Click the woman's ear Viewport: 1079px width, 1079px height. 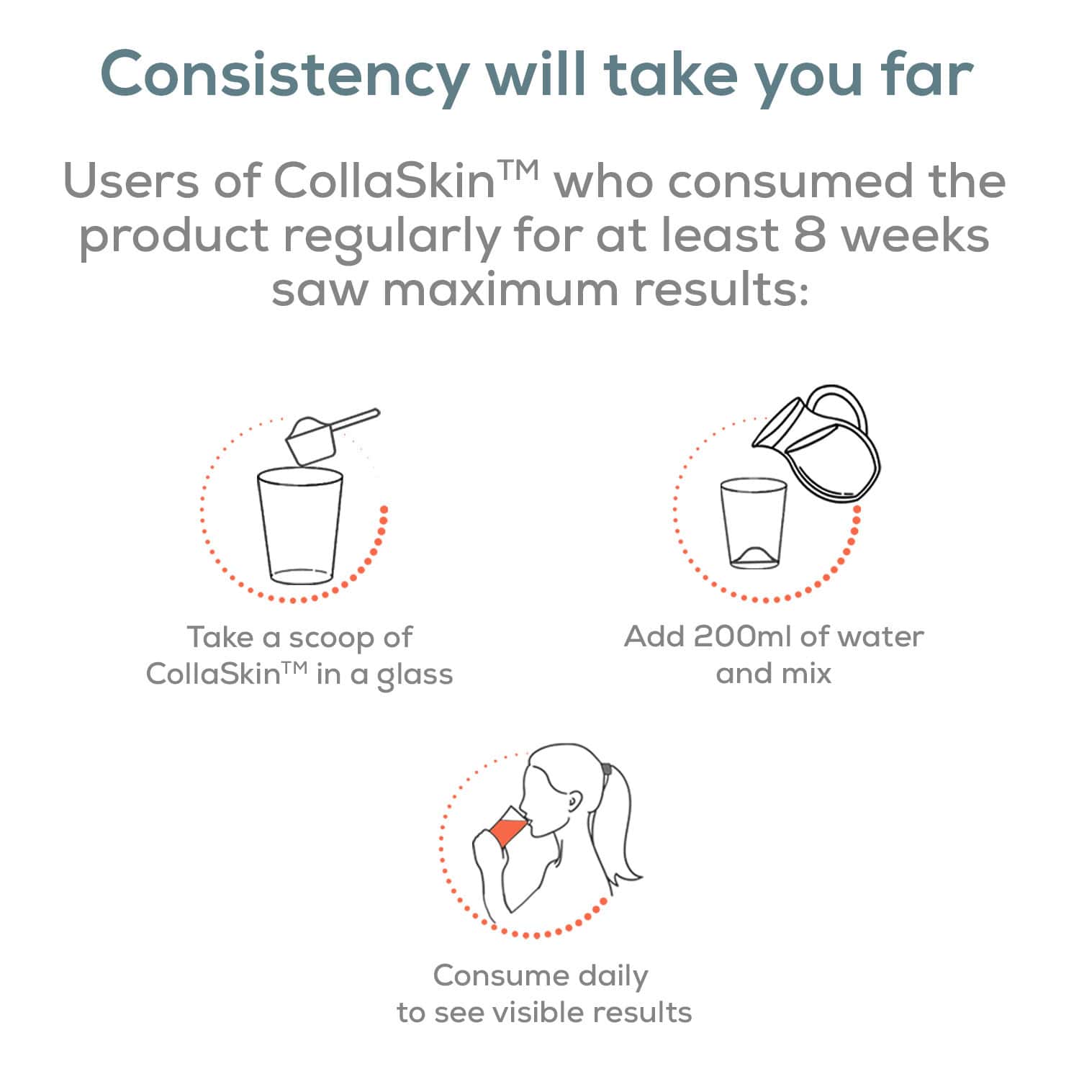[x=572, y=800]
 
